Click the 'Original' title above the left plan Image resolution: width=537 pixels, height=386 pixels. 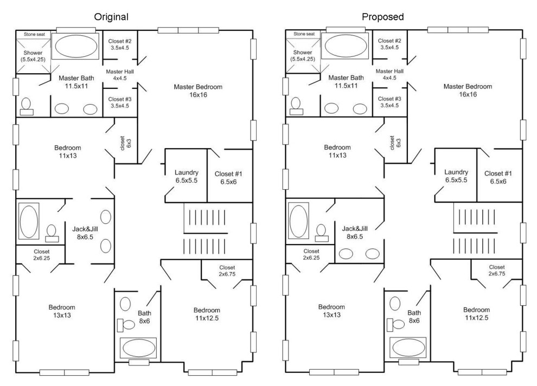[x=111, y=17]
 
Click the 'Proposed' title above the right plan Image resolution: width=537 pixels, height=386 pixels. [x=383, y=17]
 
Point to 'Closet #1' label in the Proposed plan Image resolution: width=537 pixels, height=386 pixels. [x=497, y=177]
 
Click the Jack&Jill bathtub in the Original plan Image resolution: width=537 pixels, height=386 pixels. [x=28, y=221]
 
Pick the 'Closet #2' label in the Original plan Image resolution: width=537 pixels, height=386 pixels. [x=120, y=44]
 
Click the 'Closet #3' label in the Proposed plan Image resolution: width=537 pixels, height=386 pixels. [x=389, y=102]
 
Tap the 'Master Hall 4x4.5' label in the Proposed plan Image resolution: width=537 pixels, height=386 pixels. [x=389, y=74]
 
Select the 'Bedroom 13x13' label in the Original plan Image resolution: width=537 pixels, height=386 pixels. [x=62, y=311]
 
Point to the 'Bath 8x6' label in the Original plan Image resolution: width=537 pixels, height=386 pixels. [x=144, y=317]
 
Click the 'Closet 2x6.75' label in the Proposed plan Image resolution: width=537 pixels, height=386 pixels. [x=496, y=271]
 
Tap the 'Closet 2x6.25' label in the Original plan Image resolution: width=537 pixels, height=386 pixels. [x=42, y=255]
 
